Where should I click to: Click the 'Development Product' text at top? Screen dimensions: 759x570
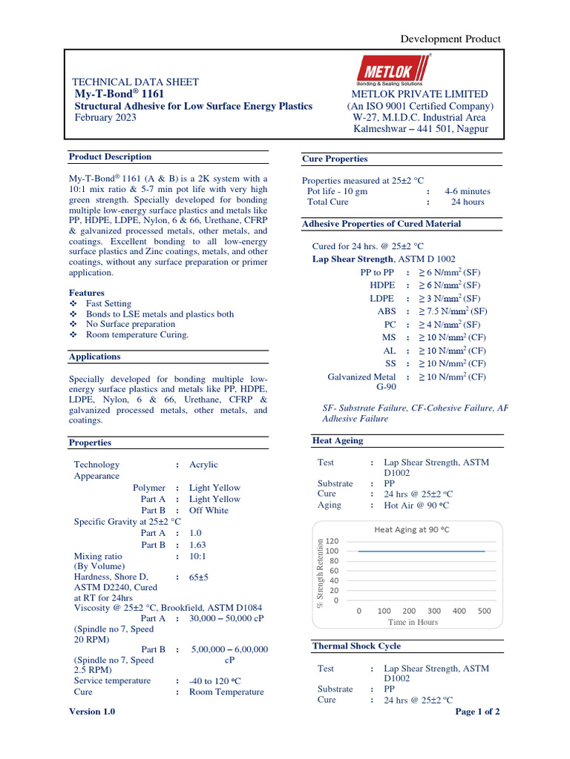click(x=451, y=39)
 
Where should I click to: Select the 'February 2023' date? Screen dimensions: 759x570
click(x=105, y=118)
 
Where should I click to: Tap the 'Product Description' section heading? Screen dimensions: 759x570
click(x=110, y=157)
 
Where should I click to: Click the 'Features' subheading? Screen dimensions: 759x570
click(x=87, y=293)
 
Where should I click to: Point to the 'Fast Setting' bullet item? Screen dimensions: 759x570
click(x=108, y=304)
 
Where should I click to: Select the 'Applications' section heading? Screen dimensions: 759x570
click(x=95, y=357)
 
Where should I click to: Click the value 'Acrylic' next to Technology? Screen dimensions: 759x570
click(x=203, y=465)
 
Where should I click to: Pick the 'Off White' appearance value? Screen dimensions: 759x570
click(x=209, y=511)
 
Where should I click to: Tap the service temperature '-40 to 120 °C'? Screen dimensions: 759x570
click(x=215, y=681)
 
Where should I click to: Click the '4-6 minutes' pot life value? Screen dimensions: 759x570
click(x=468, y=191)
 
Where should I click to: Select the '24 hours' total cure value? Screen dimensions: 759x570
click(x=468, y=202)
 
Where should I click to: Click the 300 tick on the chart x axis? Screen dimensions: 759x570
click(x=434, y=611)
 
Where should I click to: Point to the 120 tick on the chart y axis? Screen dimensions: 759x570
click(x=332, y=541)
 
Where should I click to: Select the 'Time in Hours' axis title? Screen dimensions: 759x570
click(x=413, y=623)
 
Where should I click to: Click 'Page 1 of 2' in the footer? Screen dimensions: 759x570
click(x=476, y=712)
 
